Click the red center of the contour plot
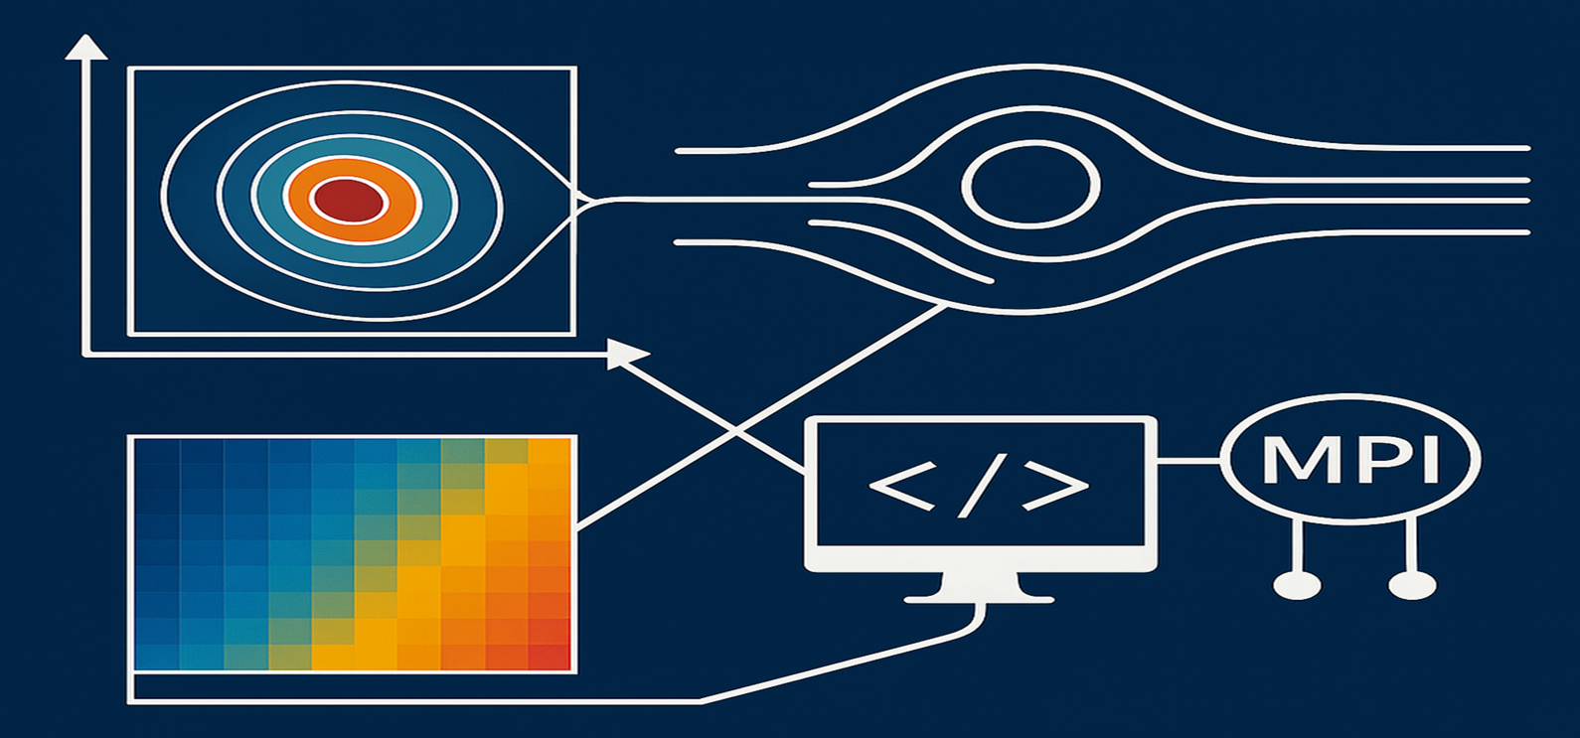tap(348, 201)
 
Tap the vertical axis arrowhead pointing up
tap(86, 47)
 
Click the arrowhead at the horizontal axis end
tap(627, 354)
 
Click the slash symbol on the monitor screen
tap(979, 486)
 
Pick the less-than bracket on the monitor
tap(900, 486)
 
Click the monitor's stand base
tap(979, 597)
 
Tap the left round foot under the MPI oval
tap(1297, 586)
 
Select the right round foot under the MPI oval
tap(1412, 586)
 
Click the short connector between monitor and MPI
tap(1188, 460)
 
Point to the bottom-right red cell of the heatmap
tap(551, 656)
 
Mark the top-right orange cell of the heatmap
tap(551, 452)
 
